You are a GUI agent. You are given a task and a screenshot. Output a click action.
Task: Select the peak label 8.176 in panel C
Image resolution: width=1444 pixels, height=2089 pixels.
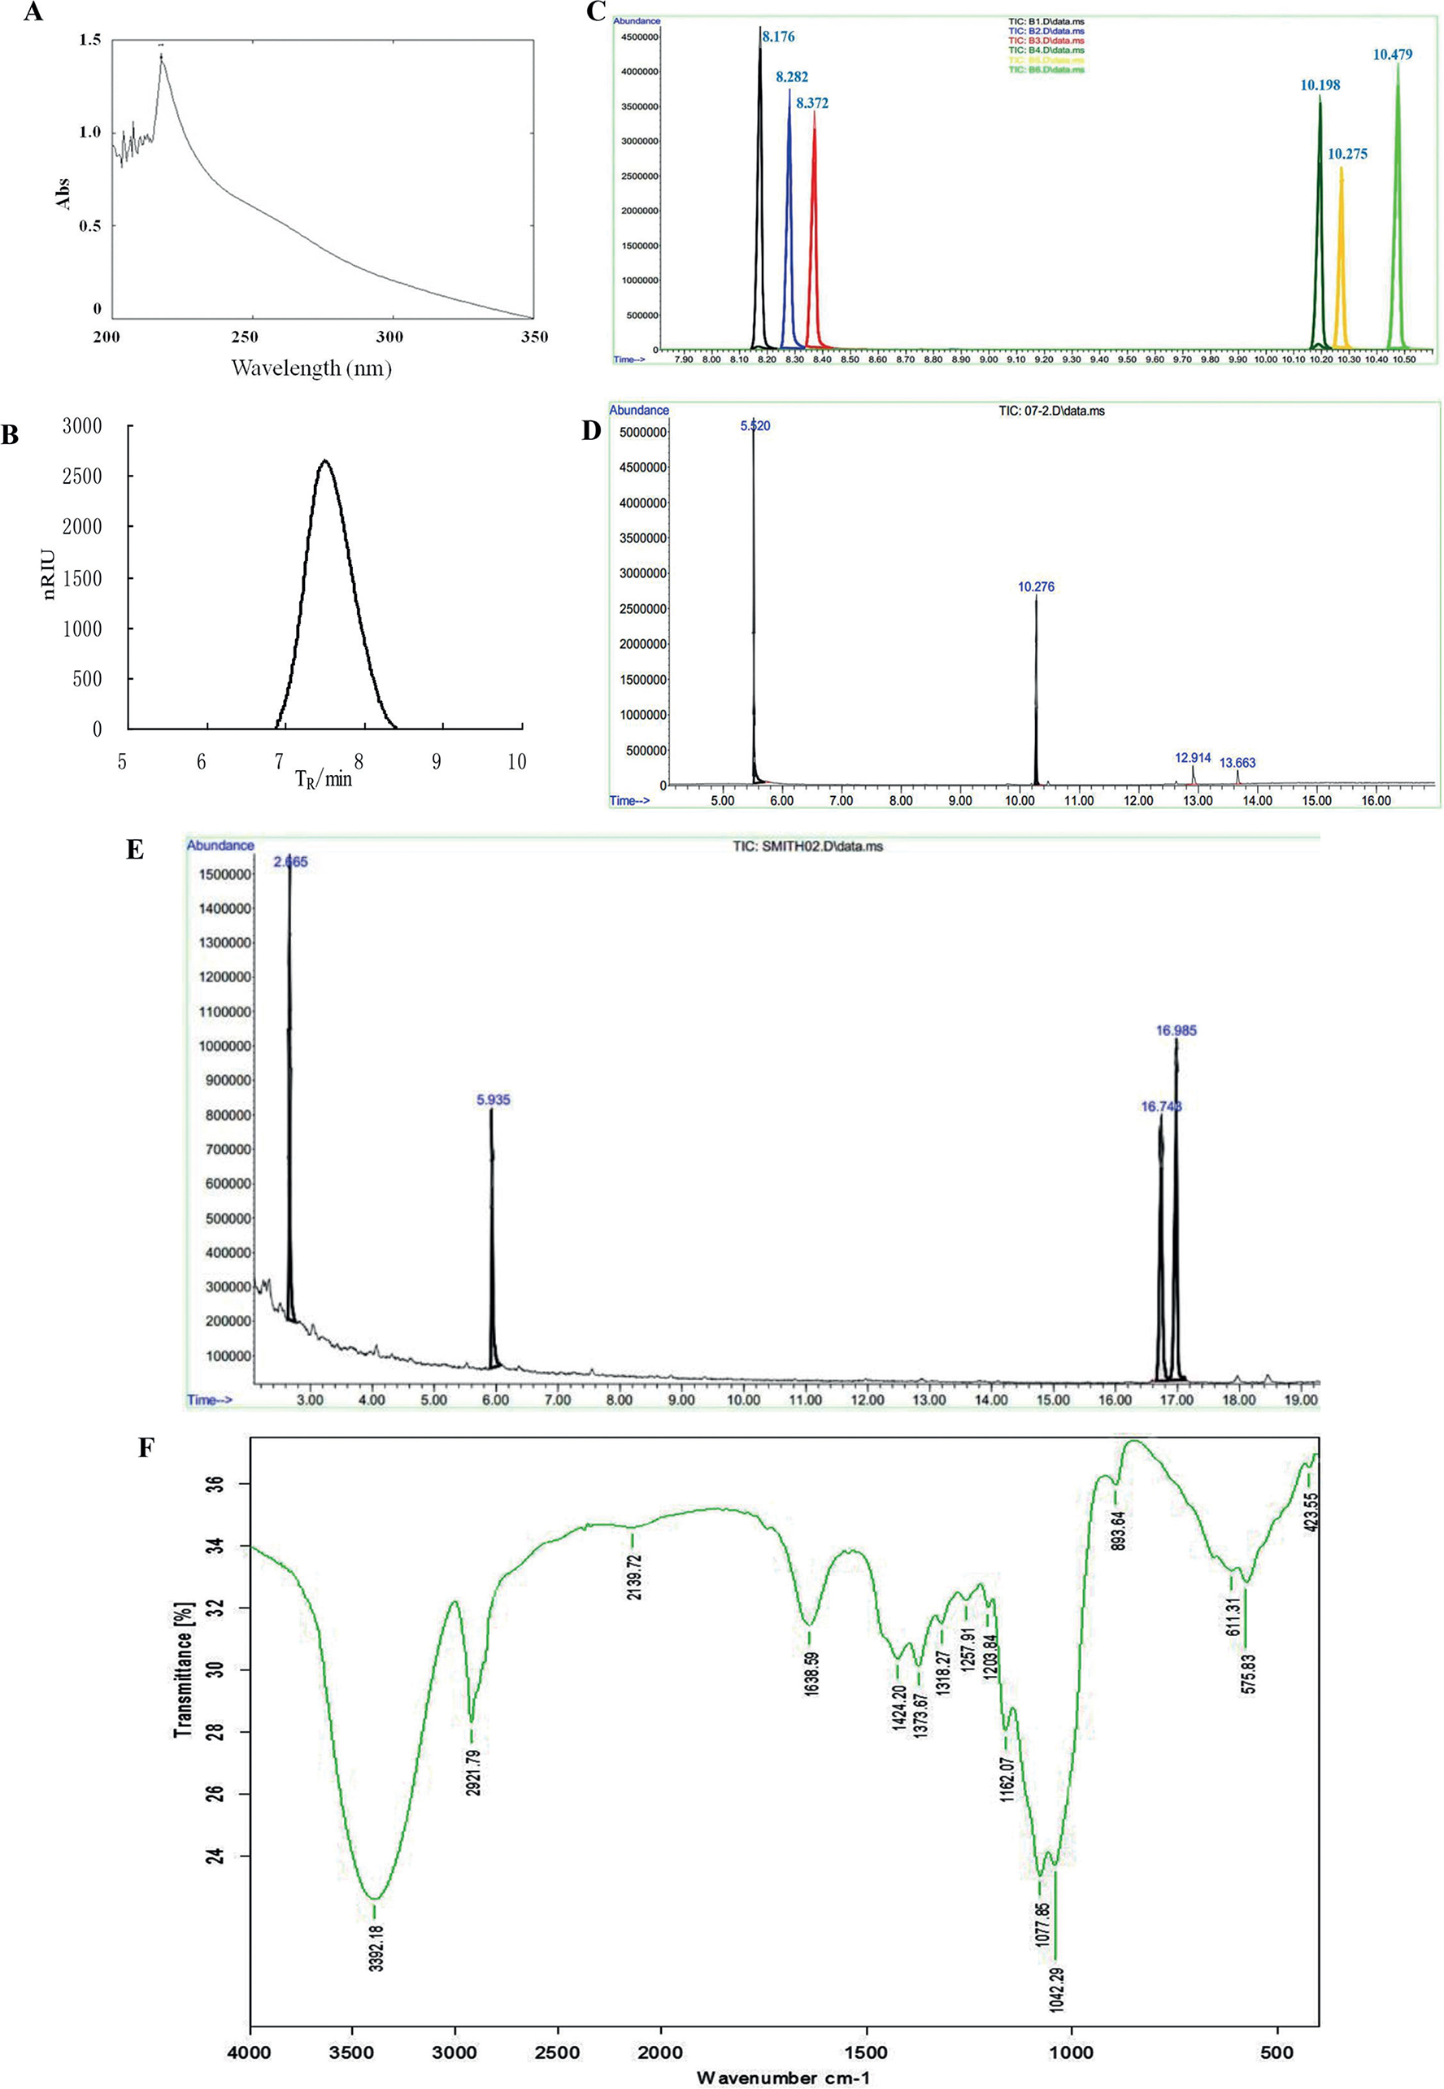(x=778, y=37)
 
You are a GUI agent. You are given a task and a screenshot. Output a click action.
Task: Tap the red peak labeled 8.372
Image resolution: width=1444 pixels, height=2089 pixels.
(x=815, y=226)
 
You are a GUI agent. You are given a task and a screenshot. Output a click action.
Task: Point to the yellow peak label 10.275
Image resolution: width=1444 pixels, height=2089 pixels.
(x=1347, y=154)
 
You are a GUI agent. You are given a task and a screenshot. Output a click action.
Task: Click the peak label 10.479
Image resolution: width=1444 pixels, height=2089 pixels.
(x=1393, y=54)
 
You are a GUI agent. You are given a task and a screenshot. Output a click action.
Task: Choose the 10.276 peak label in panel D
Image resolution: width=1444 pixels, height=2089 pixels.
(x=1036, y=586)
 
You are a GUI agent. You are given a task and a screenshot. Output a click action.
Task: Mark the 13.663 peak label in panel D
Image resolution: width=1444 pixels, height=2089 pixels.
(x=1237, y=763)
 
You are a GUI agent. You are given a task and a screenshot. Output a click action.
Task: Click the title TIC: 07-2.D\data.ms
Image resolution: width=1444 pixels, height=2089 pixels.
(x=1051, y=411)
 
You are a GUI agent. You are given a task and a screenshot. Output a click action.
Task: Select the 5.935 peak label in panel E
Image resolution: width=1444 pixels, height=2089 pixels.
(x=493, y=1099)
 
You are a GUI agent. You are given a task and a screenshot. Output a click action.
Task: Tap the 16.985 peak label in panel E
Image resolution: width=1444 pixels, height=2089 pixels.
(x=1177, y=1029)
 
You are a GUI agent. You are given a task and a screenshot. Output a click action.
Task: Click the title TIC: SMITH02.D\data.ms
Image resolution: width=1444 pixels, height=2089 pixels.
(x=807, y=846)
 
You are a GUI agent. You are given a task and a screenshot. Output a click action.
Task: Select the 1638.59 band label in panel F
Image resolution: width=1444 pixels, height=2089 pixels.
(x=811, y=1673)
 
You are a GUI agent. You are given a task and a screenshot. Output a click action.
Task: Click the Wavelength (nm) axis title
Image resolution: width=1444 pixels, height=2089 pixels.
(x=311, y=368)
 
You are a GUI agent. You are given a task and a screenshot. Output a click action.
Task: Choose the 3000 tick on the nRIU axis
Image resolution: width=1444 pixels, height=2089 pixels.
(x=81, y=425)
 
